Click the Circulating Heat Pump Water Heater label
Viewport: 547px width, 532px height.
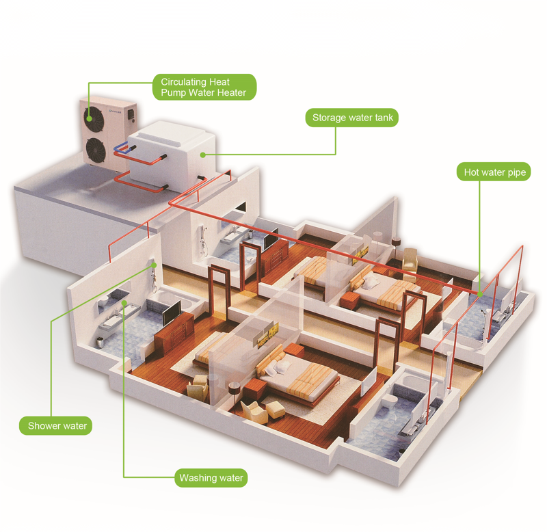point(204,88)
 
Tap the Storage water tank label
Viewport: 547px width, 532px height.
point(352,118)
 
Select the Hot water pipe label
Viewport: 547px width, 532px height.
point(494,172)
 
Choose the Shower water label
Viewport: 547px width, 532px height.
point(56,425)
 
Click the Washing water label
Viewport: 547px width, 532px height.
point(211,477)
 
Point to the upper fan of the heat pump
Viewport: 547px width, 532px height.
point(94,118)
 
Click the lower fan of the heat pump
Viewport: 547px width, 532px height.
point(96,150)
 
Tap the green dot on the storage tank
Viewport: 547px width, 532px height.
point(202,155)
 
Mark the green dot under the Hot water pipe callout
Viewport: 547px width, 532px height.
point(480,294)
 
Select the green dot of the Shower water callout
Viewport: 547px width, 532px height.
point(155,265)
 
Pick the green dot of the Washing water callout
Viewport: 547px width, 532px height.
point(124,303)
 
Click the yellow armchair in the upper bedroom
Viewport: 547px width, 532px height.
point(410,261)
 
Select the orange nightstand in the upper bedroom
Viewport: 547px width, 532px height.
point(350,301)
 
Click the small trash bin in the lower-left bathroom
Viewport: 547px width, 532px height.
point(100,342)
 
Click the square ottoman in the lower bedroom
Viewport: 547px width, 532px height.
point(276,410)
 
